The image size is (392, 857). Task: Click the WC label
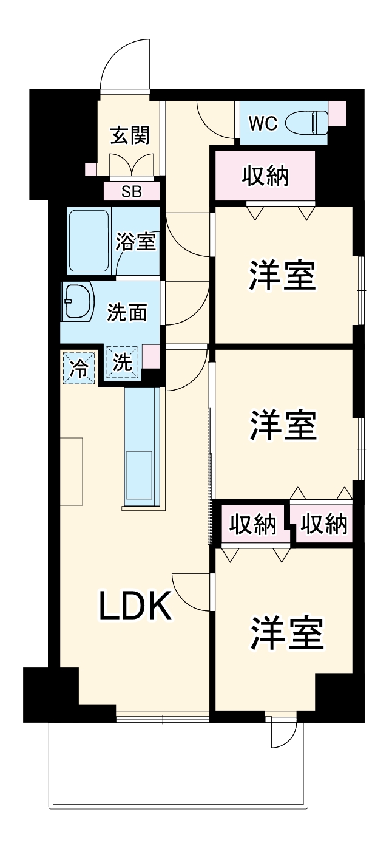pos(263,123)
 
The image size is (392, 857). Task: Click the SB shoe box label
pos(131,192)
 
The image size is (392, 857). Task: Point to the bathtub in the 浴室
pos(89,241)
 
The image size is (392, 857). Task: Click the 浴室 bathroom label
pos(137,241)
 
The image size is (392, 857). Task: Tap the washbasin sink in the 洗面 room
pos(78,302)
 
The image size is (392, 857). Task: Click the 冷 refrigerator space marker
pos(79,367)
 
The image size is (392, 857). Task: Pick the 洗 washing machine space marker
pos(123,363)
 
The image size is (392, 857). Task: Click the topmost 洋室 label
pos(283,276)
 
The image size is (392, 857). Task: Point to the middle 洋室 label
pos(283,425)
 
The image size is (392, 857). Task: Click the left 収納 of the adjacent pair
pos(253,524)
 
